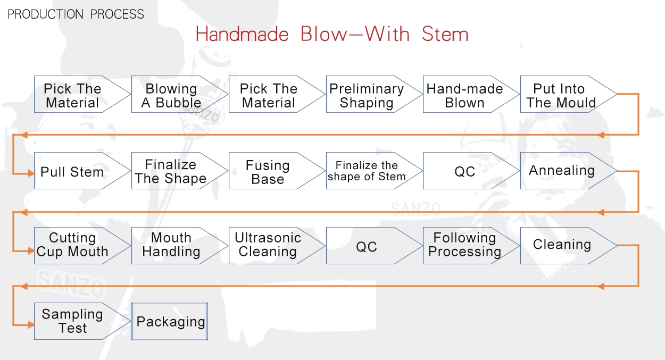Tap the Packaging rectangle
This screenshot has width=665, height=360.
[170, 321]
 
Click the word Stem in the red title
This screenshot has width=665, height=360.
[445, 34]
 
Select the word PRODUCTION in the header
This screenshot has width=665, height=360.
[45, 14]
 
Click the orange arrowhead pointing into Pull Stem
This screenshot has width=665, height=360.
[31, 173]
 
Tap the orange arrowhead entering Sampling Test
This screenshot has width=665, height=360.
[31, 325]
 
